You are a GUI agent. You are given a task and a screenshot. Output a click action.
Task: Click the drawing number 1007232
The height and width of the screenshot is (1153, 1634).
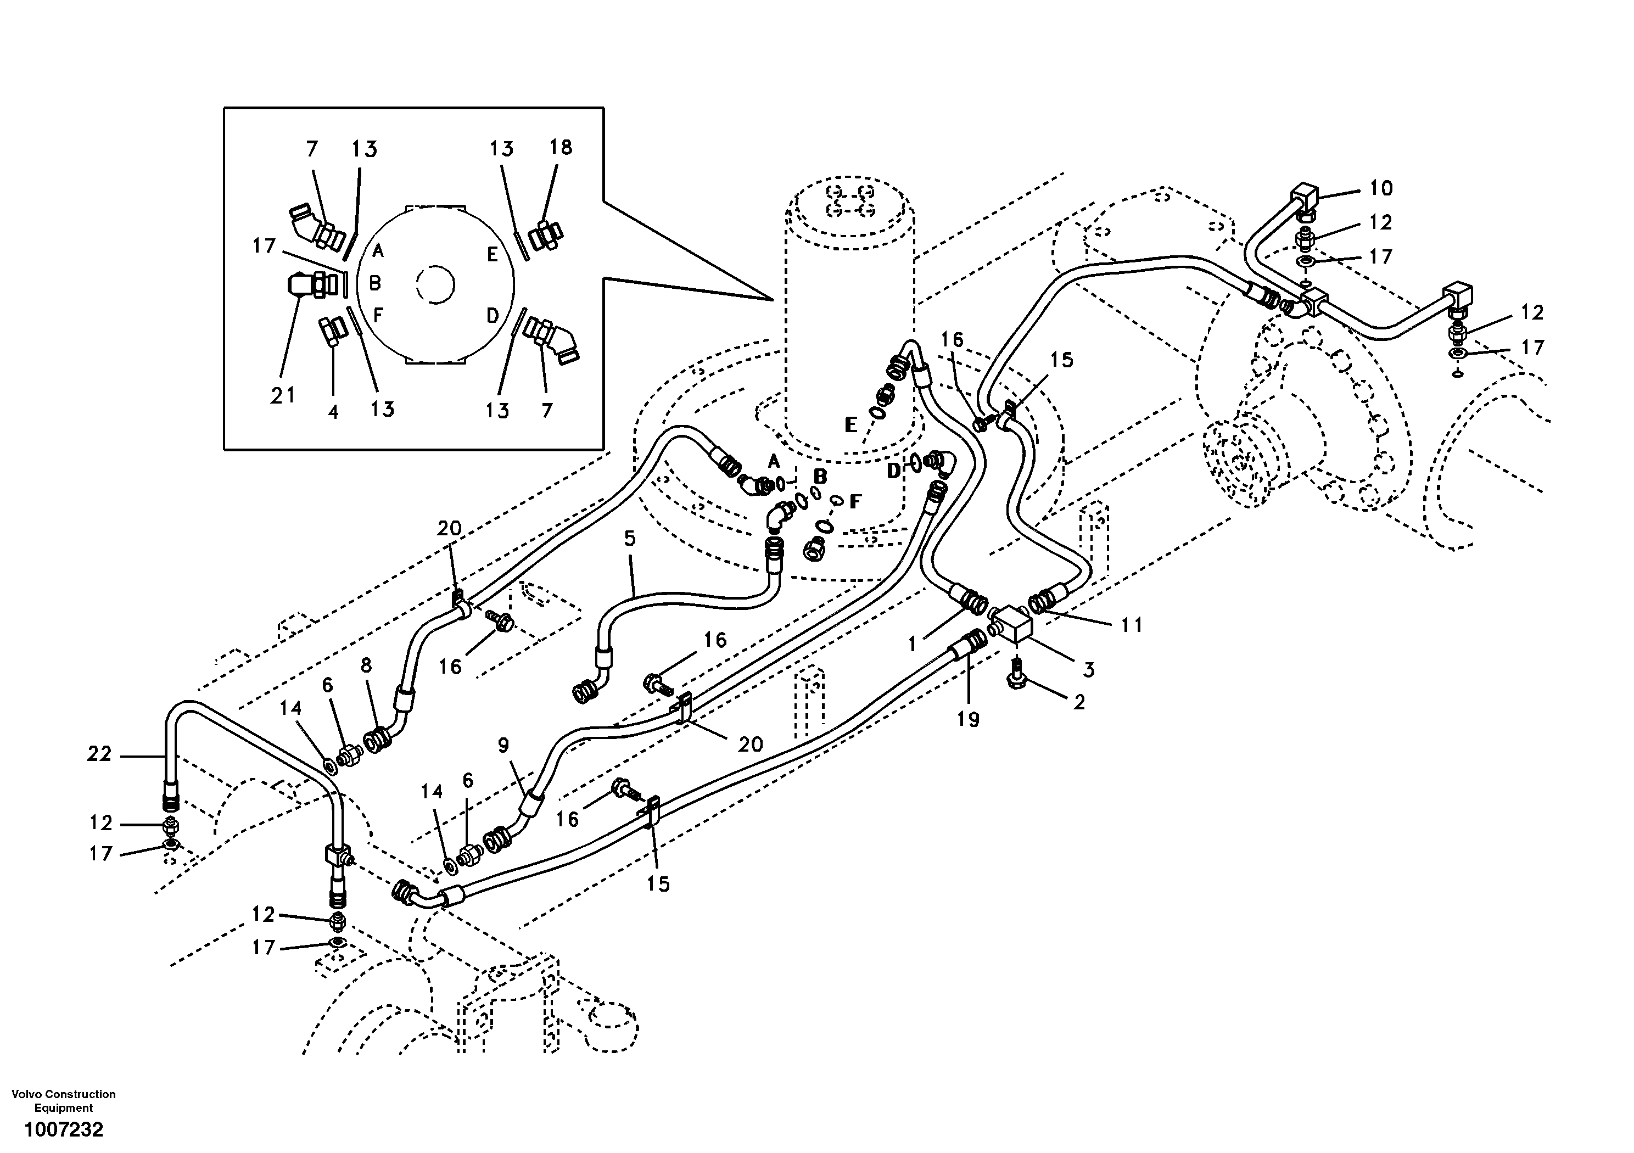click(x=64, y=1129)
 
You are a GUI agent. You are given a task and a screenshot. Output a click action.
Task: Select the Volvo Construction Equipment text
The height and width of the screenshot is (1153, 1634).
click(x=64, y=1100)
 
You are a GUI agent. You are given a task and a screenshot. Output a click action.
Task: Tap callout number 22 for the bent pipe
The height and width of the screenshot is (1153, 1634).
click(x=99, y=754)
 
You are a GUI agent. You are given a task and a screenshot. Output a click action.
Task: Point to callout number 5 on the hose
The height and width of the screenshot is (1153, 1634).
click(x=630, y=538)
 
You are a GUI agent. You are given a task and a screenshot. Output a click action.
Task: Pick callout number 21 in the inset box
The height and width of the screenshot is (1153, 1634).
click(x=283, y=396)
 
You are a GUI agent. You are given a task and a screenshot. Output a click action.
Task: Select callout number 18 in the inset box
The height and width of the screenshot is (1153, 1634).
click(x=561, y=147)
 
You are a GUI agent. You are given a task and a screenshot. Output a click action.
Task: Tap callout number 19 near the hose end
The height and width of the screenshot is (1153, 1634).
click(x=968, y=720)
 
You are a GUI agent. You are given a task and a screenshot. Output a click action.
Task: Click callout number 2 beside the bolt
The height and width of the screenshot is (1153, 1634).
click(x=1079, y=702)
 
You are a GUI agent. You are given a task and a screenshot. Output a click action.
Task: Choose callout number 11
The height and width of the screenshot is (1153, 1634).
click(x=1132, y=625)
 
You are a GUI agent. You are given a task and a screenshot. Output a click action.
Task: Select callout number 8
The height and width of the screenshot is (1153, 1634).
click(x=366, y=665)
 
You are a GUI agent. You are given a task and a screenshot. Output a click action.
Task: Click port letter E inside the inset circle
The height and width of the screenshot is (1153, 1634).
click(x=493, y=255)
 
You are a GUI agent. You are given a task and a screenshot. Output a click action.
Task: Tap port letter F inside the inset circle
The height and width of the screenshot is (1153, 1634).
click(x=378, y=314)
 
